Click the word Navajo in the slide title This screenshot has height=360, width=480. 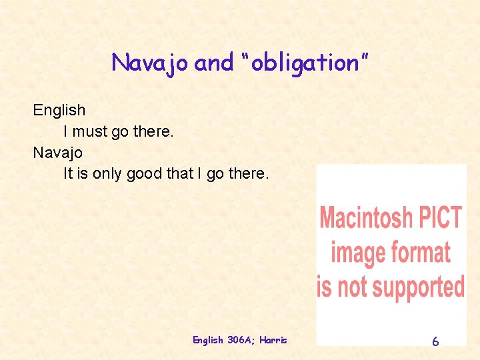click(x=150, y=63)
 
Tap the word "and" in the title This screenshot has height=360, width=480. click(x=214, y=63)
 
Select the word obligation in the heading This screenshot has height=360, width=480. click(x=303, y=63)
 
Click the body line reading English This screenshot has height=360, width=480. click(x=59, y=110)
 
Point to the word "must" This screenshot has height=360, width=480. click(x=89, y=131)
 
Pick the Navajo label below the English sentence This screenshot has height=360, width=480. click(x=58, y=153)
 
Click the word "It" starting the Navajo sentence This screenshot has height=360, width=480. click(x=67, y=174)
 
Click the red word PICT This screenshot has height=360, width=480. click(x=439, y=218)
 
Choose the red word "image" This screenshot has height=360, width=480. click(x=359, y=253)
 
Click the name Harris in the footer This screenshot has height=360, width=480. click(x=274, y=340)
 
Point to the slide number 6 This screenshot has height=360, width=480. click(x=435, y=341)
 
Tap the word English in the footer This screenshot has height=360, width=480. click(x=208, y=340)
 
